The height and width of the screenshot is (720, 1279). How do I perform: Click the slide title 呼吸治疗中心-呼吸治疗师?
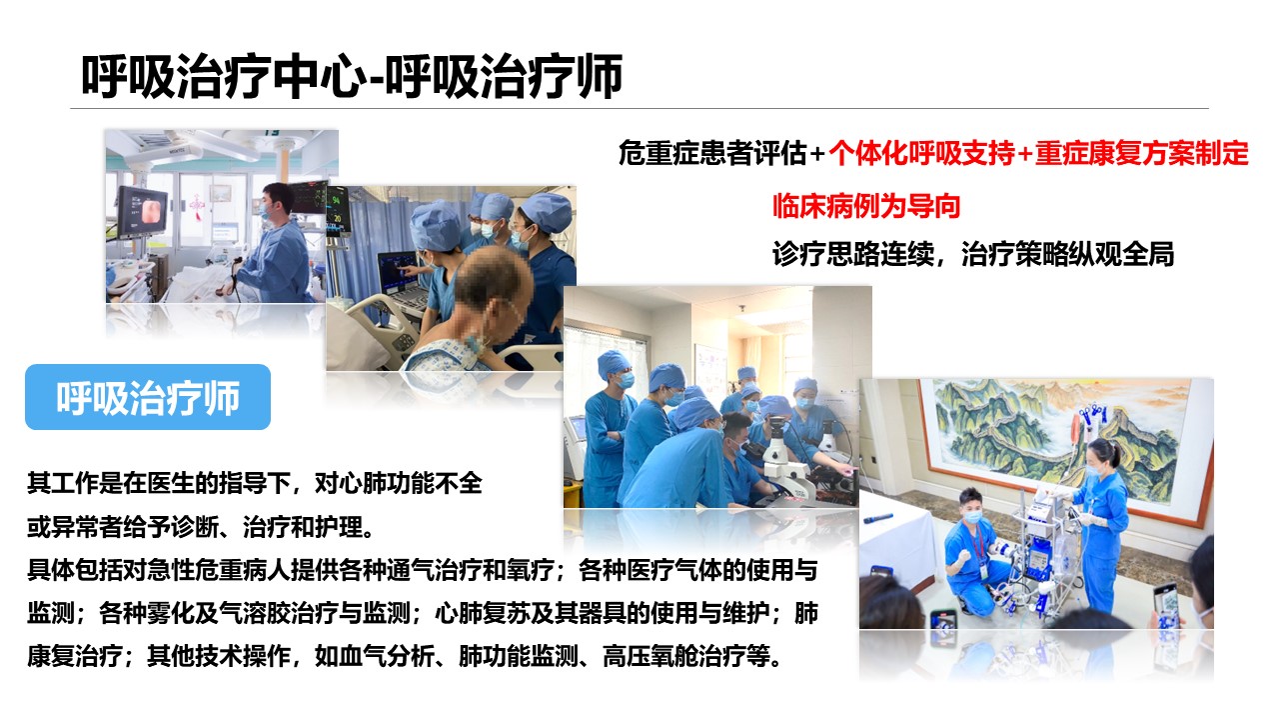352,76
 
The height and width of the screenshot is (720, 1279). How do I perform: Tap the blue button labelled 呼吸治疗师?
148,397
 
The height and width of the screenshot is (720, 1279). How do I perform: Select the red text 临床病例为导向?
866,206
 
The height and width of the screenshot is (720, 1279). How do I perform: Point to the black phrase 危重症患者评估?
712,154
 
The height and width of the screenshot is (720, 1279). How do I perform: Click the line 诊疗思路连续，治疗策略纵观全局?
972,254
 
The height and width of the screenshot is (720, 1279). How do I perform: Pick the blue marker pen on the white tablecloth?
878,519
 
